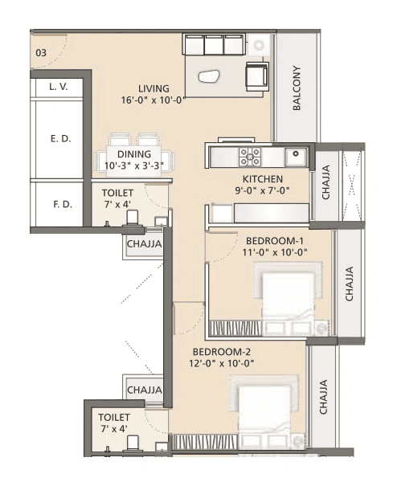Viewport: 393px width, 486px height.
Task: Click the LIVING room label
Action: tap(153, 88)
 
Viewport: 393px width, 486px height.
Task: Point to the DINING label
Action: tap(133, 153)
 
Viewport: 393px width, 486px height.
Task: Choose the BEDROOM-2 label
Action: tap(223, 351)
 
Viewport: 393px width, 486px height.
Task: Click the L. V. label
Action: tap(57, 85)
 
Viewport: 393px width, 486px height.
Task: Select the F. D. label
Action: tap(62, 204)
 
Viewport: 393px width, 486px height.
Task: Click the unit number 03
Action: tap(39, 53)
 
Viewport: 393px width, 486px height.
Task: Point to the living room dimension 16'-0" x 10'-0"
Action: tap(153, 100)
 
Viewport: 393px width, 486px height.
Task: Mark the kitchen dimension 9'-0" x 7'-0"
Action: tap(262, 190)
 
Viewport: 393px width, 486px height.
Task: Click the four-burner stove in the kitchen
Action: tap(249, 156)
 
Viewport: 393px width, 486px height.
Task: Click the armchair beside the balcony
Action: tap(257, 76)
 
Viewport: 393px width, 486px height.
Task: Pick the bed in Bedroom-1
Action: tap(285, 297)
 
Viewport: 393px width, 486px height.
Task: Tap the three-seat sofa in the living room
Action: tap(214, 44)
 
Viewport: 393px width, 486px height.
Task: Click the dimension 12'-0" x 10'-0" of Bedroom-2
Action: tap(223, 363)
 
